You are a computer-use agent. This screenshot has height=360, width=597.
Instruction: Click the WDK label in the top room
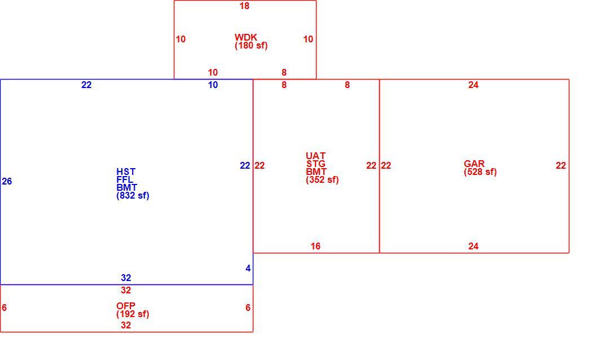[x=245, y=37]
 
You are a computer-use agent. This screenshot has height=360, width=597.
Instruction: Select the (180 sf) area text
[x=251, y=46]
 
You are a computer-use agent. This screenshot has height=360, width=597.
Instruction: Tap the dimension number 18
[x=244, y=6]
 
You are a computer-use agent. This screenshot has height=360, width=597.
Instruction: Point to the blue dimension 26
[x=7, y=182]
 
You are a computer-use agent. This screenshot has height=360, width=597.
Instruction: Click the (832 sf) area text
[x=133, y=196]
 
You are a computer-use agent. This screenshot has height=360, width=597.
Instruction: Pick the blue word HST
[x=126, y=172]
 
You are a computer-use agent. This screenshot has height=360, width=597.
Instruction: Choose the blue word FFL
[x=125, y=179]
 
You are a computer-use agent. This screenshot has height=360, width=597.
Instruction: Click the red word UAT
[x=315, y=156]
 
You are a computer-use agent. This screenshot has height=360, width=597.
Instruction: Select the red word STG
[x=315, y=164]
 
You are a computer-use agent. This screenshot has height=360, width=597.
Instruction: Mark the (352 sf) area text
[x=322, y=179]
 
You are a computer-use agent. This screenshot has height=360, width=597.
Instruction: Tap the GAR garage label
[x=474, y=164]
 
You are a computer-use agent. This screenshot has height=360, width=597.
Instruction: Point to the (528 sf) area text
[x=480, y=172]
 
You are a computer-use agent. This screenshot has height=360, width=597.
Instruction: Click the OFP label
[x=126, y=306]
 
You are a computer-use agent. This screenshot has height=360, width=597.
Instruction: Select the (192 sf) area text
[x=133, y=314]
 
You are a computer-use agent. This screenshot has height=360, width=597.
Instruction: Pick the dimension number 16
[x=315, y=246]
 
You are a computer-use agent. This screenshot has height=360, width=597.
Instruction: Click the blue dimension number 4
[x=248, y=269]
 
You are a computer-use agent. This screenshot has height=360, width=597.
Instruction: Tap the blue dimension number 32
[x=126, y=278]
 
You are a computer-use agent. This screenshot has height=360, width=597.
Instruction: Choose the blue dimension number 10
[x=213, y=85]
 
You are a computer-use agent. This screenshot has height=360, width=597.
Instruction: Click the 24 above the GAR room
[x=473, y=85]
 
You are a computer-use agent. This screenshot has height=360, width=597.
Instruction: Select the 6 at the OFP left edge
[x=4, y=308]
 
